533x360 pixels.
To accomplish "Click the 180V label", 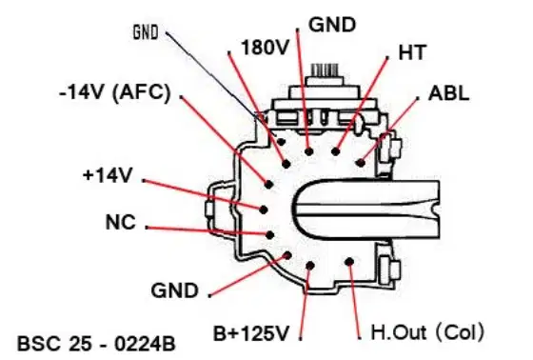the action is click(x=265, y=47).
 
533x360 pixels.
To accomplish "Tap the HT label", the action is click(x=411, y=52).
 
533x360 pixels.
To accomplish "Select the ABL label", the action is click(x=448, y=93).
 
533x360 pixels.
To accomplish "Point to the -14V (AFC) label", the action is click(x=114, y=92).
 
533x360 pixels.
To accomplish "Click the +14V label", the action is click(x=108, y=175).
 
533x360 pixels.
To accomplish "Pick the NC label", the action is click(x=121, y=222).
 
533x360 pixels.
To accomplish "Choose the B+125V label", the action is click(x=251, y=333).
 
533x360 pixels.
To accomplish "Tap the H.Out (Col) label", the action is click(x=427, y=332).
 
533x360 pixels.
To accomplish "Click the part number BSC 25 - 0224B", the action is click(x=96, y=344).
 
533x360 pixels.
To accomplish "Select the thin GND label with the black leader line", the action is click(x=146, y=32).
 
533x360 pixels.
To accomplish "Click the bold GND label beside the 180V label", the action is click(x=332, y=25).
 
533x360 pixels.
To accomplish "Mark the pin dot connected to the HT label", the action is click(x=335, y=151).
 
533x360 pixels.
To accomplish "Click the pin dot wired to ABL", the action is click(x=361, y=163).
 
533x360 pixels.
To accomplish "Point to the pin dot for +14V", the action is click(x=263, y=210).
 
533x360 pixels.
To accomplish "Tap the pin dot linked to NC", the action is click(x=270, y=235).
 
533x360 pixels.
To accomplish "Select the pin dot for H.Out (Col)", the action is click(x=349, y=262).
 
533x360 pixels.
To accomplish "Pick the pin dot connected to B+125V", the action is click(x=310, y=266).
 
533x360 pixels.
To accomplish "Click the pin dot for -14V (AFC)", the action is click(x=268, y=185).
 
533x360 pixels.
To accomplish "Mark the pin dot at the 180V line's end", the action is click(x=286, y=164).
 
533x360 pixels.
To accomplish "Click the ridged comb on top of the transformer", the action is click(x=325, y=70).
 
